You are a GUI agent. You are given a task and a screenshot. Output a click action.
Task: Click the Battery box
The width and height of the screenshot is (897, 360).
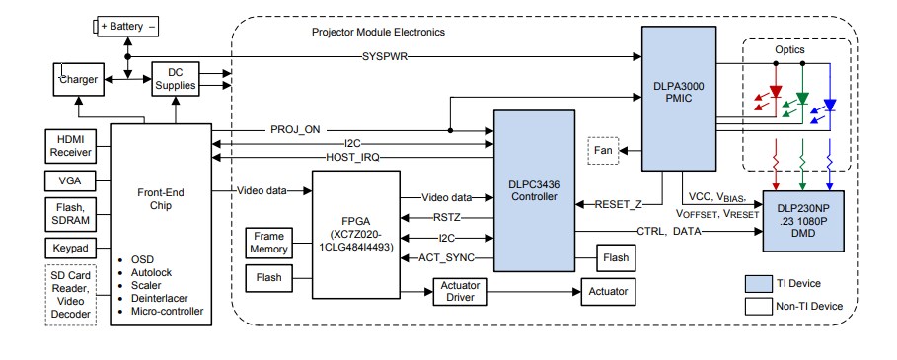(127, 28)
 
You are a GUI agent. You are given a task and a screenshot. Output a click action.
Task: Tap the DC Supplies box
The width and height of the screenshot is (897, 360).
(176, 79)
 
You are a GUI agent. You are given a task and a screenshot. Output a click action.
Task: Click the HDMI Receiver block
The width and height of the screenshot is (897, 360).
(71, 144)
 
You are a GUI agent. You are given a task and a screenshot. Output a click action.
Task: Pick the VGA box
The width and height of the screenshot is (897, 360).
(71, 180)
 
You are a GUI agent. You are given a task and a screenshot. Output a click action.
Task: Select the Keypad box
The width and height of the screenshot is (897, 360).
(71, 247)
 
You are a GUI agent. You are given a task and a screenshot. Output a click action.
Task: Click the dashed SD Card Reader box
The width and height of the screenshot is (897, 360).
(71, 293)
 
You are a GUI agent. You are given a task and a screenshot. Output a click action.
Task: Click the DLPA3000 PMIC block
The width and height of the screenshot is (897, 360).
(679, 99)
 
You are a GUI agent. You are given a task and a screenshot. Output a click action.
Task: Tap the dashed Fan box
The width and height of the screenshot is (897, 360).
(604, 150)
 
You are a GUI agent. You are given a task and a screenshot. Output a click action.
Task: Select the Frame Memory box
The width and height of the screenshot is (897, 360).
(270, 243)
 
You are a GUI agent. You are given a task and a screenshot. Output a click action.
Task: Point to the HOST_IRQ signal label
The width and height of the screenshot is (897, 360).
(352, 158)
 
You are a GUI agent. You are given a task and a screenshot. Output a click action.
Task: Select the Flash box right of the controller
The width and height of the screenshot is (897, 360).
(614, 256)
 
